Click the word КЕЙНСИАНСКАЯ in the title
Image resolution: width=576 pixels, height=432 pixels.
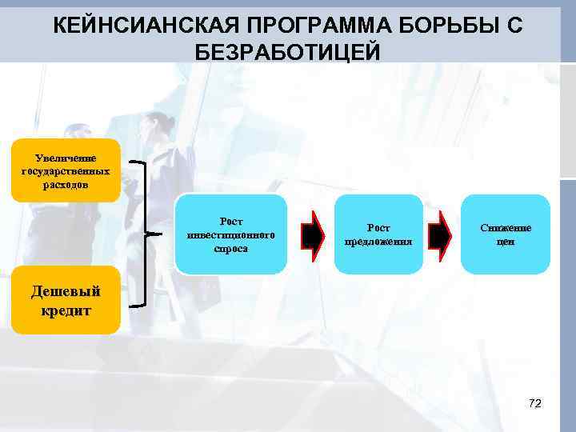pos(137,26)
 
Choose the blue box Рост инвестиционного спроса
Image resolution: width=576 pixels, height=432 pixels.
pos(230,234)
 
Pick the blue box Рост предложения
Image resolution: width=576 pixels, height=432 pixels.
pos(378,234)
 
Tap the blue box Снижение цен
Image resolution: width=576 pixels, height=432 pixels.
pos(506,234)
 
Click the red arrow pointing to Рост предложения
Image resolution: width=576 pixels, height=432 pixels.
pos(314,234)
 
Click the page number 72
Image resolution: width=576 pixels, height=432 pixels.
pos(535,403)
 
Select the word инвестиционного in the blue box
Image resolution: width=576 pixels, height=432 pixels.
pos(230,235)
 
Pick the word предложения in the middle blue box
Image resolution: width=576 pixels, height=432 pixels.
pos(378,241)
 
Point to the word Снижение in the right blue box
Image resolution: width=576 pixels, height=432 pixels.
pos(506,228)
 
